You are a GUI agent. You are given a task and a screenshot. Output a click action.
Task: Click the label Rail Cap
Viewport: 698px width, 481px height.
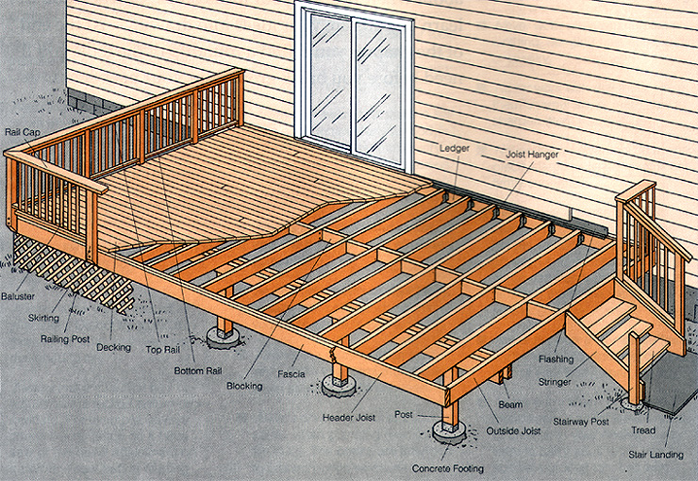(x=23, y=132)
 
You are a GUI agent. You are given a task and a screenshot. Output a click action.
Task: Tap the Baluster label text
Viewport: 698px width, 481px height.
(x=18, y=296)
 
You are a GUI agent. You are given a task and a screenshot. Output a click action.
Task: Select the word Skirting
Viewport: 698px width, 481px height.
(x=43, y=318)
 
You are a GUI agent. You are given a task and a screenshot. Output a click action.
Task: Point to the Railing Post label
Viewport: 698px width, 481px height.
(x=65, y=340)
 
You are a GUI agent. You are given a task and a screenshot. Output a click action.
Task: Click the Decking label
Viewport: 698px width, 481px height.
(x=113, y=347)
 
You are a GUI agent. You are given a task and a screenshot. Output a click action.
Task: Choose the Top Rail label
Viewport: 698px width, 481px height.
(x=163, y=350)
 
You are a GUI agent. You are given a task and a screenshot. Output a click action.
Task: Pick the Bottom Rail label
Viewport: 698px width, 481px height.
(x=198, y=371)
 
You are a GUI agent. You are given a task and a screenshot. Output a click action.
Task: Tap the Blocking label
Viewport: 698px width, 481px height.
(x=244, y=387)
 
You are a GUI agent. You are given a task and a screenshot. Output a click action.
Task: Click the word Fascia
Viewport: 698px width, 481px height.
(x=291, y=374)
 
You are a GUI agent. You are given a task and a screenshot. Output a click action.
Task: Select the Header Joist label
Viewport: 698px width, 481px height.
(x=349, y=418)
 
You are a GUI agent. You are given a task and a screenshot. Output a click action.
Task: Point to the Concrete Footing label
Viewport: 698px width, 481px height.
(x=448, y=469)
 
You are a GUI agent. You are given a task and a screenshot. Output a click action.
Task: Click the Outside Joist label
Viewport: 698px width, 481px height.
(x=513, y=431)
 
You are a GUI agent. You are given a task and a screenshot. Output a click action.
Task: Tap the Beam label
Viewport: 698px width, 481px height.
(x=510, y=405)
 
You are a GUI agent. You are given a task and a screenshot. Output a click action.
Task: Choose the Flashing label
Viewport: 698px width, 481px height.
(x=556, y=359)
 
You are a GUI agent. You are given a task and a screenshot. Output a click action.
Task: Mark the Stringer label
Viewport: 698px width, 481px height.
(x=555, y=382)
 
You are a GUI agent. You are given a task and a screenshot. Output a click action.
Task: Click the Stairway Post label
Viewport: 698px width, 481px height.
(x=581, y=422)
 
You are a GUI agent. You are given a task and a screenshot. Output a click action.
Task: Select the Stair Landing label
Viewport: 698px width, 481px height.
(x=656, y=455)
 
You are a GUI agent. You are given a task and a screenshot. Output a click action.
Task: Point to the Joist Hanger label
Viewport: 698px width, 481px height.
(x=532, y=155)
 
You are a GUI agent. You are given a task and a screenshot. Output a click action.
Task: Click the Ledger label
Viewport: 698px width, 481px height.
(x=455, y=148)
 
